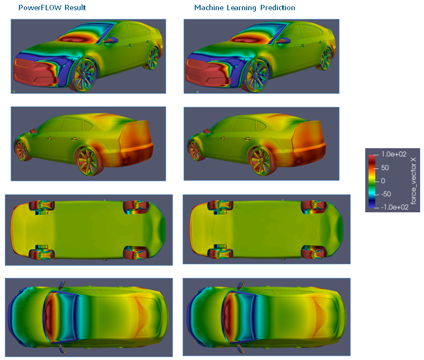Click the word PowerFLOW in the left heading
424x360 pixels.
point(40,8)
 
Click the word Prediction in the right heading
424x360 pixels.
point(278,8)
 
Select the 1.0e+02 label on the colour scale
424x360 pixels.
point(394,154)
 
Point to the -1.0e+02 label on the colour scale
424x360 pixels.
point(394,207)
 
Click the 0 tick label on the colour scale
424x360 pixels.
point(383,181)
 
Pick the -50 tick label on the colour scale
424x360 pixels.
point(386,194)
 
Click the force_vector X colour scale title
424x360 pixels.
point(413,180)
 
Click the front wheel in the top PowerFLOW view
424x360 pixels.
point(85,75)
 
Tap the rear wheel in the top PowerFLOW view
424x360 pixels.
point(153,58)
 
